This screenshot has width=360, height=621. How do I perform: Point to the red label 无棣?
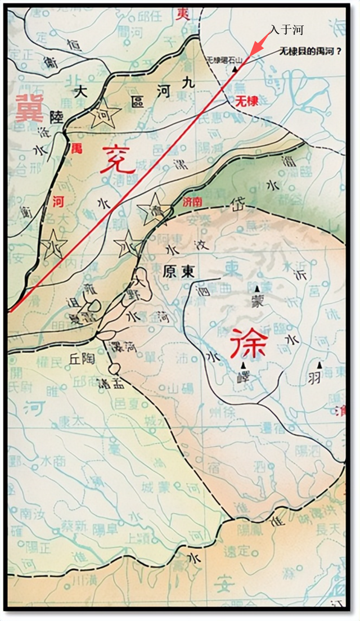point(246,102)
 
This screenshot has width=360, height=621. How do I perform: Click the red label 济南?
point(192,201)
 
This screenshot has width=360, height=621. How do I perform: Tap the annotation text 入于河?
point(287,29)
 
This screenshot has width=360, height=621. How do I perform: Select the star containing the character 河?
point(105,114)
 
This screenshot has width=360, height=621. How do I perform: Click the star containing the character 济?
point(154,209)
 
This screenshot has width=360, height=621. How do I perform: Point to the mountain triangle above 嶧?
point(243,364)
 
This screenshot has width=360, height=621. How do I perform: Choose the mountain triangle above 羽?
point(321,364)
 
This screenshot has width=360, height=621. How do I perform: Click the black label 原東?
point(179,271)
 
